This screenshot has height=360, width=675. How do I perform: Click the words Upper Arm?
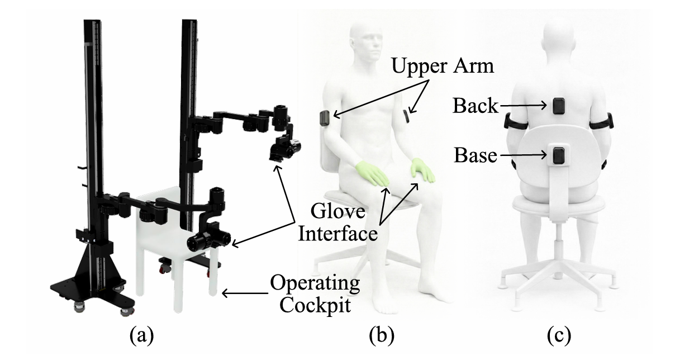point(443,66)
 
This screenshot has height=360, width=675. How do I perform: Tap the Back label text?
point(476,106)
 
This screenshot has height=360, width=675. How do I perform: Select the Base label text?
point(476,155)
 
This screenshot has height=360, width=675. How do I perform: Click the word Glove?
point(338,211)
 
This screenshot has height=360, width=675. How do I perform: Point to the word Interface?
point(338,234)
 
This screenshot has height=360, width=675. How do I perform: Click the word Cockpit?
point(315,305)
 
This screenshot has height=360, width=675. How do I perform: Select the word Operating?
point(315,284)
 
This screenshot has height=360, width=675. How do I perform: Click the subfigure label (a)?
point(141,335)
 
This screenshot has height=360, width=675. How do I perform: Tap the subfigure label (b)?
point(382,335)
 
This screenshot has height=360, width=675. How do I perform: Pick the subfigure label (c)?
point(559,335)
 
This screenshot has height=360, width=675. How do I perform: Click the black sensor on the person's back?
point(559,106)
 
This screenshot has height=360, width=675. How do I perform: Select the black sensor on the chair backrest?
point(559,155)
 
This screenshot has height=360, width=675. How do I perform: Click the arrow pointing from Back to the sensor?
point(523,106)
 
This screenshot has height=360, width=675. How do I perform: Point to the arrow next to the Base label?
point(523,155)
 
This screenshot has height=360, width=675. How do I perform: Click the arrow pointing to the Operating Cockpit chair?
point(245,293)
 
